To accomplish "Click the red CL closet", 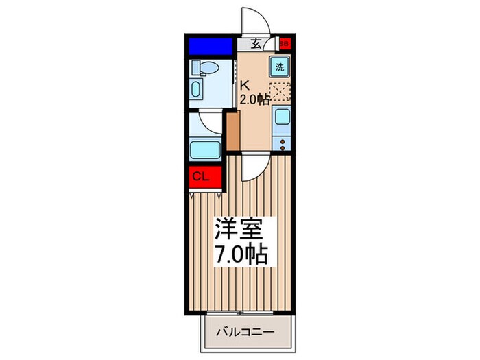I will (x=204, y=176).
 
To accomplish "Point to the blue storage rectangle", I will (x=211, y=47).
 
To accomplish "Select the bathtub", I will (x=204, y=149).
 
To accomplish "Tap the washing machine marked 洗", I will (x=280, y=67).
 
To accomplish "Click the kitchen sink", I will (x=282, y=117).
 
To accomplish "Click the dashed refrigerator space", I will (x=280, y=92).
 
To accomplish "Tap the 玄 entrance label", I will (x=256, y=43).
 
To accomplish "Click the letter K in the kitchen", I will (x=243, y=86).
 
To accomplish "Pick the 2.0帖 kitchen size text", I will (x=254, y=99).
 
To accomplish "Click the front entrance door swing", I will (x=251, y=21).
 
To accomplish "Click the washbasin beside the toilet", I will (x=197, y=90).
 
